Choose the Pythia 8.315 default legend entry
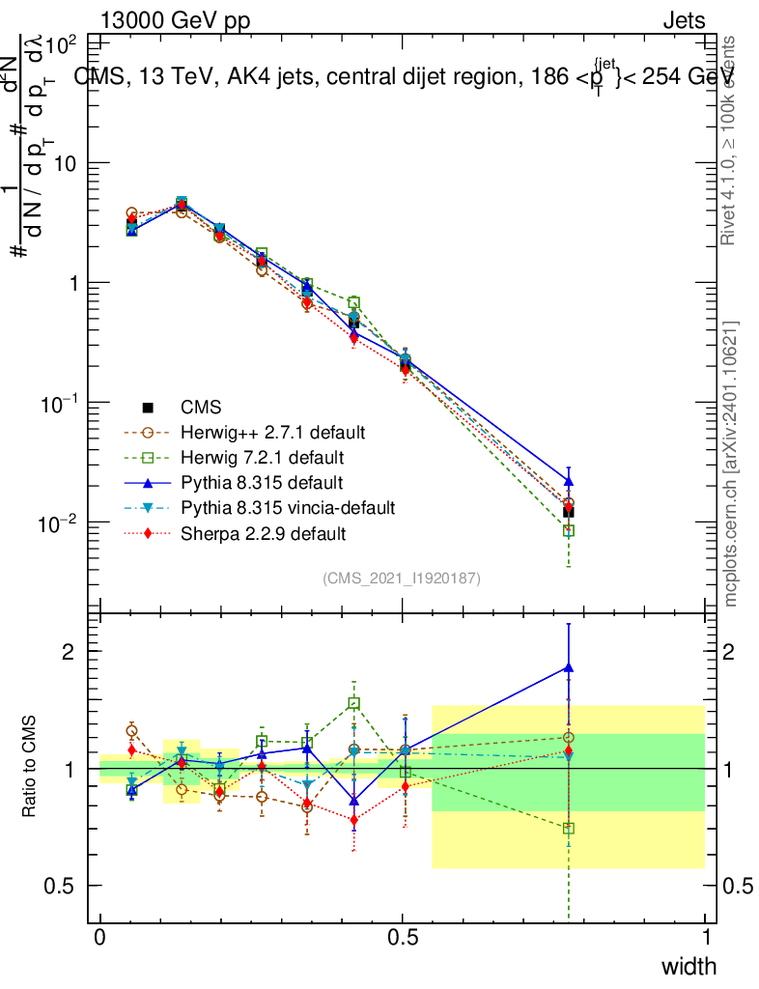point(261,482)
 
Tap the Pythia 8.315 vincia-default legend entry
point(288,507)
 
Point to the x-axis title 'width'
point(689,966)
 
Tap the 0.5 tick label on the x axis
point(403,938)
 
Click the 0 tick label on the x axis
point(100,938)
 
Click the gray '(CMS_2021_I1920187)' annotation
point(402,578)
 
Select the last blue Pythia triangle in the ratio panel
point(569,666)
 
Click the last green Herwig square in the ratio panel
point(569,828)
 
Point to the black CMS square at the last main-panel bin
point(569,512)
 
